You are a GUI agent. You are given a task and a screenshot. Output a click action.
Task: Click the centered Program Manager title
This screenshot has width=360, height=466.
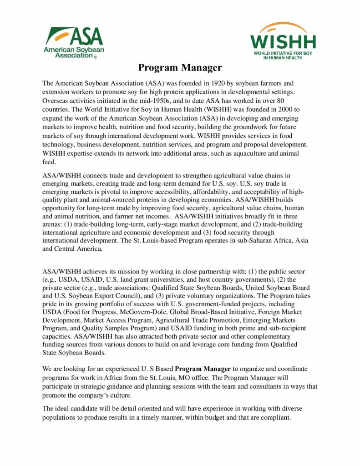click(180, 68)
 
